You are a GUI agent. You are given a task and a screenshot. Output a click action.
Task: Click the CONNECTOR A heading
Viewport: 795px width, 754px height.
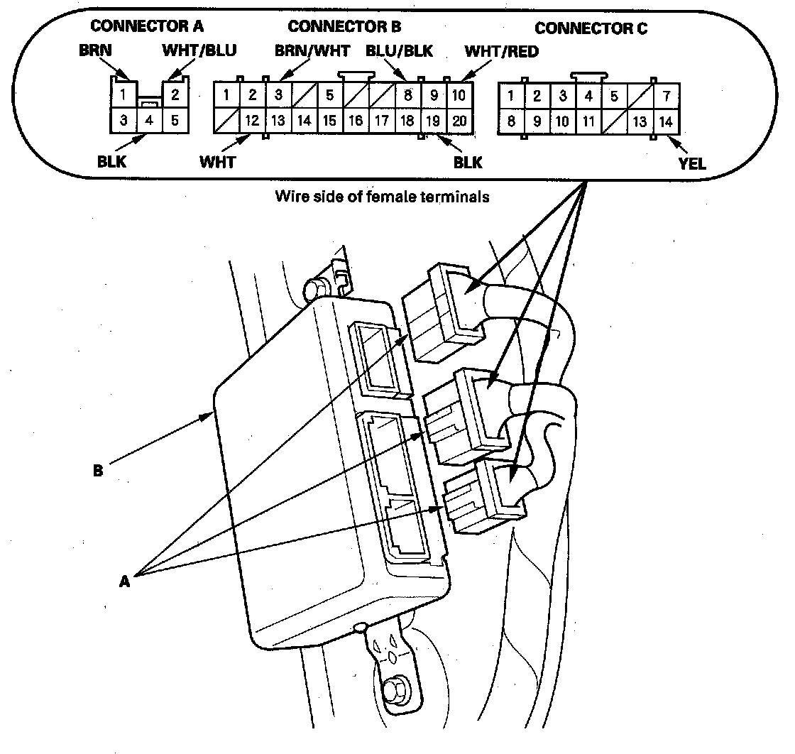coord(147,27)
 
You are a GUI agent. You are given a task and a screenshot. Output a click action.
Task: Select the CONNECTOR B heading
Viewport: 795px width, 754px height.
coord(344,27)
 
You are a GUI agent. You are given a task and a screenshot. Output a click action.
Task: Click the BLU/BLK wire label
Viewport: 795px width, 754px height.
coord(400,51)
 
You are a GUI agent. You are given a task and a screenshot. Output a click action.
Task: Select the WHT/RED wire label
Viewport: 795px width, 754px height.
coord(500,51)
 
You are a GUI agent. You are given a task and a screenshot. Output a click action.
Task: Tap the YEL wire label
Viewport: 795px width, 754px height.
coord(691,163)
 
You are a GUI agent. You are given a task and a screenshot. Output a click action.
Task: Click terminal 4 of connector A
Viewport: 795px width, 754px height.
coord(149,120)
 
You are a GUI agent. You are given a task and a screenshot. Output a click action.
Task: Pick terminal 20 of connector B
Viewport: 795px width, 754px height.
coord(459,120)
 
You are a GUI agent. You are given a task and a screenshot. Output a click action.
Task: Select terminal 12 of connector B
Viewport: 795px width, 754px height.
coord(252,120)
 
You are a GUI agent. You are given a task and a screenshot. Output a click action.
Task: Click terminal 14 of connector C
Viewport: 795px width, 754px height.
coord(665,121)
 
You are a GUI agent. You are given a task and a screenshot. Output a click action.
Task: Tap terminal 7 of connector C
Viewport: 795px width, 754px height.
coord(665,96)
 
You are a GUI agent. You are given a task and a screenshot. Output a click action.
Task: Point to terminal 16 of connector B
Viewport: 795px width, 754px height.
coord(355,120)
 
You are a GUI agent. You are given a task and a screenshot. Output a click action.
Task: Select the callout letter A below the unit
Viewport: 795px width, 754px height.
coord(125,580)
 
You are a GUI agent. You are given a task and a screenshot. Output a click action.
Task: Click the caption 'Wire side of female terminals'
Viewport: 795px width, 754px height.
coord(382,197)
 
